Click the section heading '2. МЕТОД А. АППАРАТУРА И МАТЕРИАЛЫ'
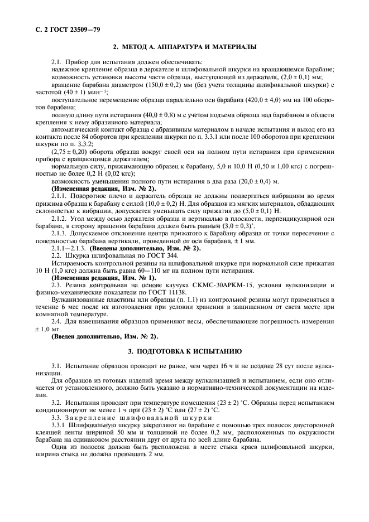click(184, 46)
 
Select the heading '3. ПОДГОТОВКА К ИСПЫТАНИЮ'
click(184, 352)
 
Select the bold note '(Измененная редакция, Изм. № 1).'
click(104, 278)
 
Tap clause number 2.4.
click(57, 322)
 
